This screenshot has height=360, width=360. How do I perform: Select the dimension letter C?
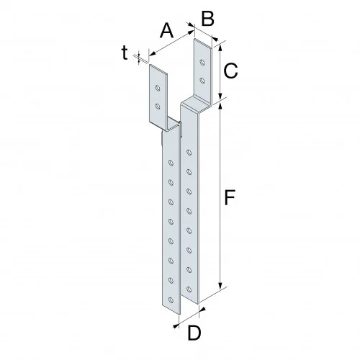(x=230, y=71)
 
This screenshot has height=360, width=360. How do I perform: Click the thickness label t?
(x=125, y=52)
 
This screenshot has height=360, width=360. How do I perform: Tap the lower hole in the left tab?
(x=158, y=107)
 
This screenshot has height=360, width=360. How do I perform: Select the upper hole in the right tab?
(x=202, y=62)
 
